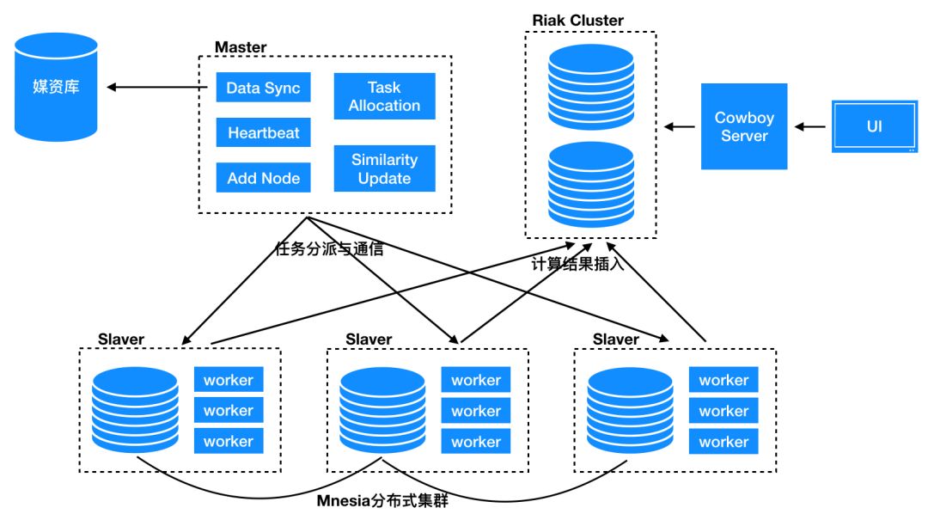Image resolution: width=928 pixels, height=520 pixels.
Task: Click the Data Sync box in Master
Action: point(263,88)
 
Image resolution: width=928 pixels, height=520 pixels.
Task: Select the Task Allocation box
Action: point(384,96)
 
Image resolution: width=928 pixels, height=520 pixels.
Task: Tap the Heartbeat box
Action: point(263,133)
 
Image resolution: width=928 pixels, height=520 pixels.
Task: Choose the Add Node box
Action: point(263,178)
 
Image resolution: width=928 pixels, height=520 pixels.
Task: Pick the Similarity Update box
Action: point(384,168)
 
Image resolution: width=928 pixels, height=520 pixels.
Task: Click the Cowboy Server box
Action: point(744,126)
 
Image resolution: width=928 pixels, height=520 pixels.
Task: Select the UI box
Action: point(874,126)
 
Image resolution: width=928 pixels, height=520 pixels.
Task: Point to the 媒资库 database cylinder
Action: point(57,87)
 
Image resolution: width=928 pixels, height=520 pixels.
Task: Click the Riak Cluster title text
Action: point(577,21)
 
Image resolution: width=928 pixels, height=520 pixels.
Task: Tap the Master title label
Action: point(241,47)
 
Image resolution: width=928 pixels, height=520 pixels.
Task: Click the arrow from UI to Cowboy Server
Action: point(809,127)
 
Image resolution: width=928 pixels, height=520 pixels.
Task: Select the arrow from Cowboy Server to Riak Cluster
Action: point(680,127)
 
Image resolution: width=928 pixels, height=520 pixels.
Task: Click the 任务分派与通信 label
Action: point(327,250)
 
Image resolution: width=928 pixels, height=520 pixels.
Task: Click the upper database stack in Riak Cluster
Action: point(590,83)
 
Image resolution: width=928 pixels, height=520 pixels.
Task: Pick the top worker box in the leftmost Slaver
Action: point(228,380)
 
